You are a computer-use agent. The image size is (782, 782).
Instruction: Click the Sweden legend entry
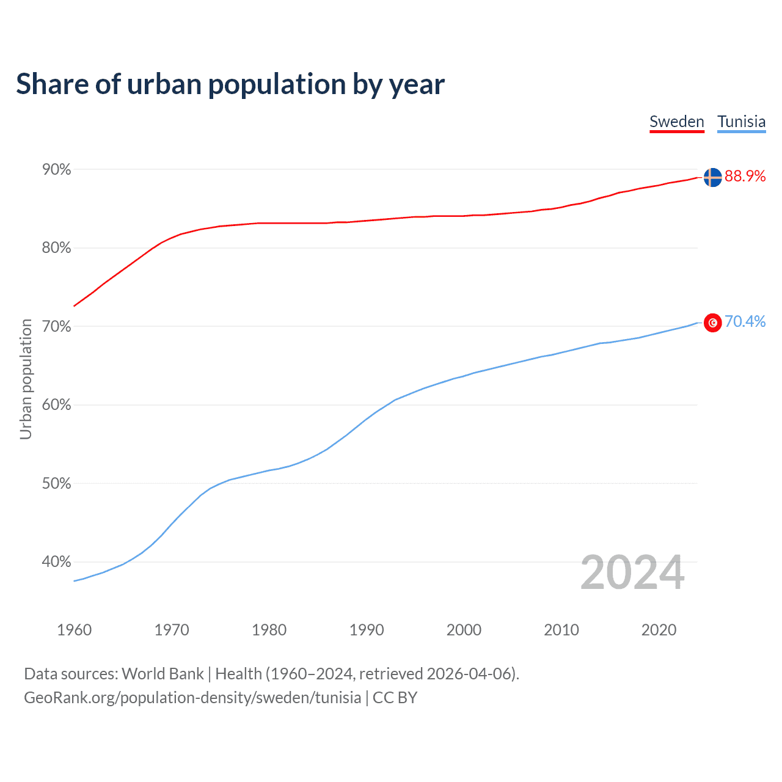pos(676,122)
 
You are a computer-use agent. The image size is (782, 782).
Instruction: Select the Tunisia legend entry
pos(741,122)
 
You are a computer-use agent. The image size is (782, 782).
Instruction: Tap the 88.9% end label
pos(745,176)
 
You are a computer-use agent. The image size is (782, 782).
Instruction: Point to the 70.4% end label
pos(745,321)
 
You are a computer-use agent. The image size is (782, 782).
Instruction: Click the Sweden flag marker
pos(712,177)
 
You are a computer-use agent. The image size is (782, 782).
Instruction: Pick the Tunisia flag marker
pos(712,323)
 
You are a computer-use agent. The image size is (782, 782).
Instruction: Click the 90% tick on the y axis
pos(57,169)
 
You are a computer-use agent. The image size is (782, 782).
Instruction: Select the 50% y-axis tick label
pos(57,484)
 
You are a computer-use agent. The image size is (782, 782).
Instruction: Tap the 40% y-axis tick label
pos(57,562)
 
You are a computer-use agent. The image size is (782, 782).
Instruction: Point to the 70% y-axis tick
pos(57,327)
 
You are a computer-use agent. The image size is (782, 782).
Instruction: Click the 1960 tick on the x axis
pos(74,630)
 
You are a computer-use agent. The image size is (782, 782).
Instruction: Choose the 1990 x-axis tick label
pos(367,630)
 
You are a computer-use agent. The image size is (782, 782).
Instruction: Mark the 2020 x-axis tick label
pos(659,630)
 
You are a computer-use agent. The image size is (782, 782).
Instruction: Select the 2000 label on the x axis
pos(464,630)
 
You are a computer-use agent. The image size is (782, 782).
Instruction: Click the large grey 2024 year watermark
pos(632,572)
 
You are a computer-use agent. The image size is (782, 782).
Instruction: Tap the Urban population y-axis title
pos(26,379)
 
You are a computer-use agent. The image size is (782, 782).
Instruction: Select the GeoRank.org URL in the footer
pos(192,698)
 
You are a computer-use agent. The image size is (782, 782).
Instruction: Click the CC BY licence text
pos(395,698)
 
